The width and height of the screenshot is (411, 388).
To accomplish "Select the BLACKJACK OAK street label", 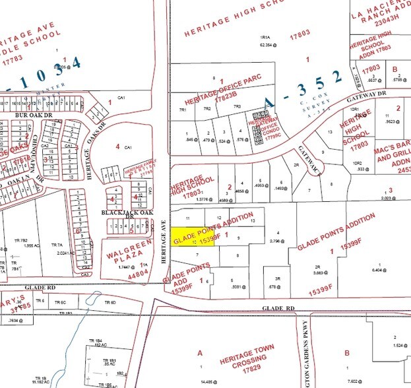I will point(123,213).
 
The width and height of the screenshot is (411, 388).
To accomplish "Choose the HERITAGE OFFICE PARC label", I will point(223,89).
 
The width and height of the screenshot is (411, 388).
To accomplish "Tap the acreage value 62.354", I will point(268,46).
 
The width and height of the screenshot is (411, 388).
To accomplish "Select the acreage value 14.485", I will point(209,381).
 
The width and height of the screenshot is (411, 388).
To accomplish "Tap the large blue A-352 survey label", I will point(305,88).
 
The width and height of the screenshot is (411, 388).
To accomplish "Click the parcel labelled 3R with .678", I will point(278,282).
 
